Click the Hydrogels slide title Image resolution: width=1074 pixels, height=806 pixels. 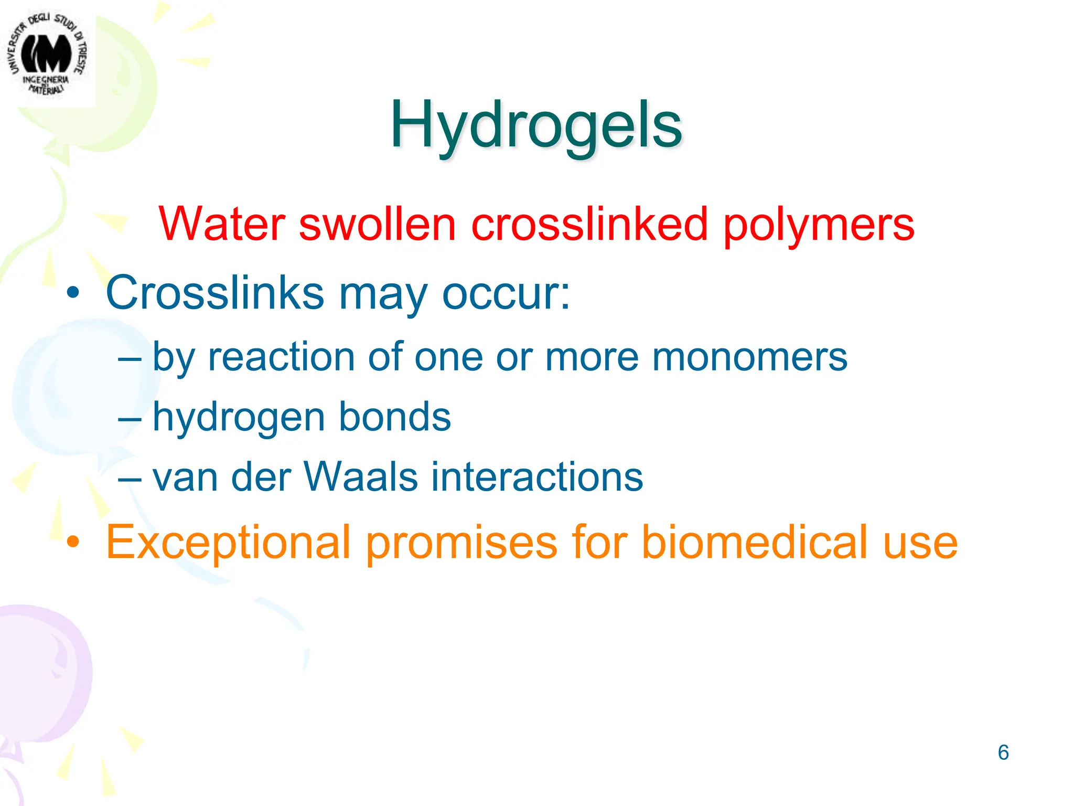535,126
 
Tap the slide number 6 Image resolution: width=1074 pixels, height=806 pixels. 1003,752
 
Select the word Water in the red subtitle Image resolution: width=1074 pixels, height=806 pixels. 221,225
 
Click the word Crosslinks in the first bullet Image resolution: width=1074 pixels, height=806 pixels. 215,293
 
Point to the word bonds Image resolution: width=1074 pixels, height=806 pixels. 394,417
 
